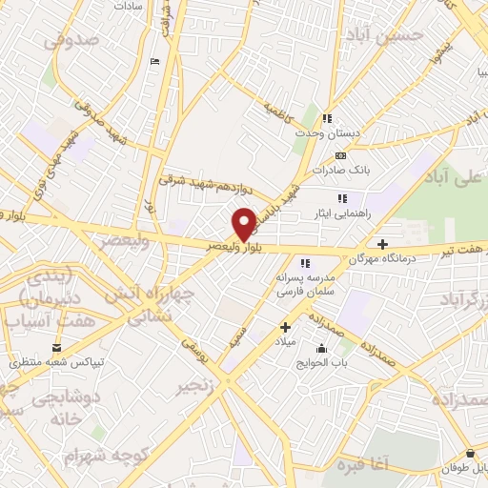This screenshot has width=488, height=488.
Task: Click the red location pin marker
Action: (x=244, y=224)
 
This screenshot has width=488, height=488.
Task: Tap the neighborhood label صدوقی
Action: (x=71, y=41)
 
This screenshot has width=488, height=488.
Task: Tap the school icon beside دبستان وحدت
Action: (x=328, y=119)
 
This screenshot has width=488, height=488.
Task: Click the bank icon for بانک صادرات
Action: (x=340, y=154)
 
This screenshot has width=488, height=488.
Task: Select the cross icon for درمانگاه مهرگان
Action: (x=382, y=244)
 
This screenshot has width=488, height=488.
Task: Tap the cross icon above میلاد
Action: (x=284, y=327)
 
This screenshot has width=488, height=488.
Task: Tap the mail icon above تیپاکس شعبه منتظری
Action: (x=56, y=347)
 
